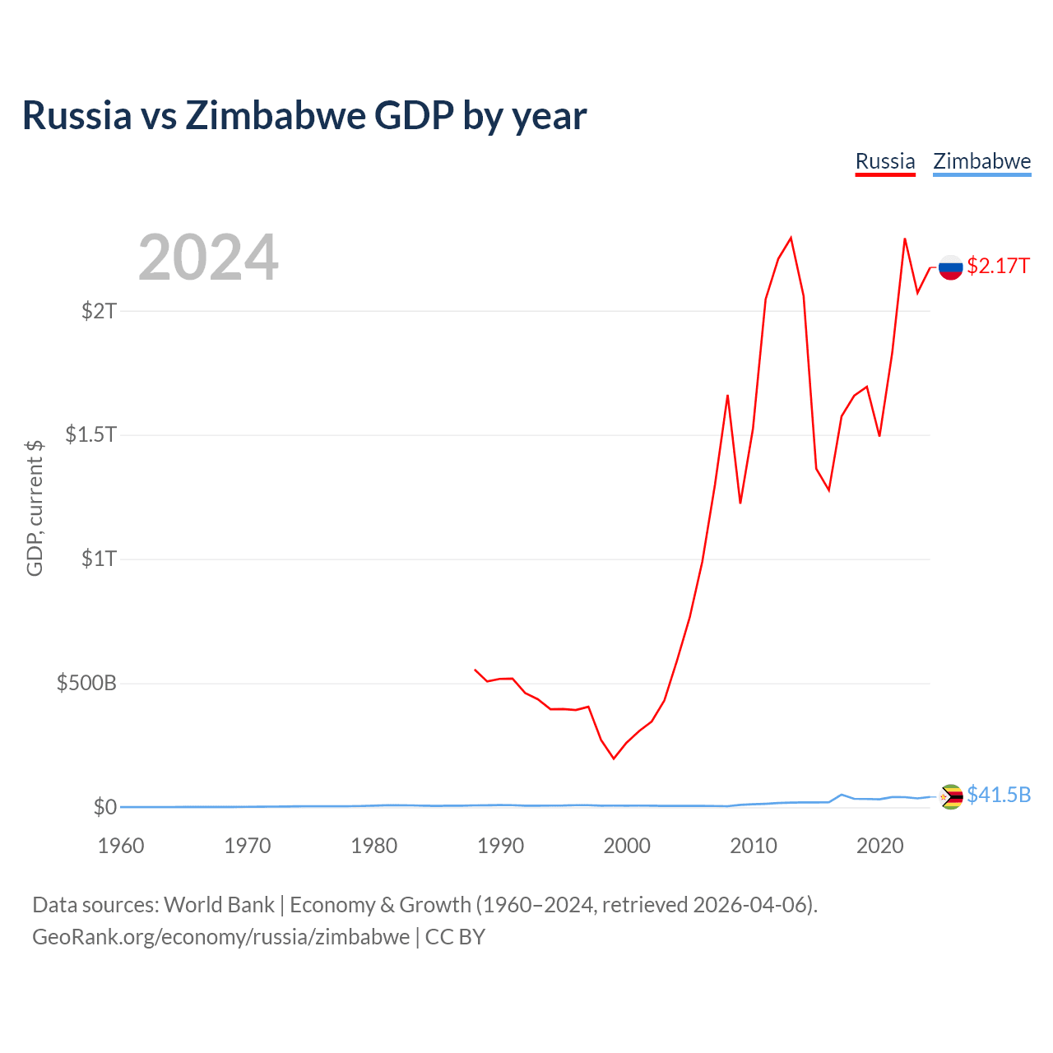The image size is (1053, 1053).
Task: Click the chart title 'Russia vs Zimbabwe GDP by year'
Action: [304, 116]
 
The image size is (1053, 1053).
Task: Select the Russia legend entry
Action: [884, 162]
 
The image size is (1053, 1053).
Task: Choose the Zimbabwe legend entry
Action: [981, 162]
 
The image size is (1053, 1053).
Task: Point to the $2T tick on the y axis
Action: [99, 311]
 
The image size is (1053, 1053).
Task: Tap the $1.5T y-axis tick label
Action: [90, 434]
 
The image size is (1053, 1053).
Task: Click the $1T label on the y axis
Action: [99, 559]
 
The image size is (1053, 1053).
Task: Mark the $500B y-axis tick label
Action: [86, 683]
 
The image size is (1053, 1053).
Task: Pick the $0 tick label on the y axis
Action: [105, 806]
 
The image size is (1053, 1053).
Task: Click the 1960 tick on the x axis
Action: [121, 846]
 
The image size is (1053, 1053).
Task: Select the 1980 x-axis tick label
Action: [373, 846]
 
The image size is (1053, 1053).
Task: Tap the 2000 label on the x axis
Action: [627, 846]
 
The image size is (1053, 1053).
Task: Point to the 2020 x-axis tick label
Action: [879, 846]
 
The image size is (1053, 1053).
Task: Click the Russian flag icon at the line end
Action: [950, 267]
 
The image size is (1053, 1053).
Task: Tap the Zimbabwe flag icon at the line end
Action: [950, 796]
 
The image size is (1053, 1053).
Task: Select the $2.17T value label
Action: [998, 266]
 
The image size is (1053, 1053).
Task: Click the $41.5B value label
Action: [999, 795]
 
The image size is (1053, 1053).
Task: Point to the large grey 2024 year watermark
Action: [208, 257]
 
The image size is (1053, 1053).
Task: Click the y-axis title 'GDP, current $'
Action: [35, 508]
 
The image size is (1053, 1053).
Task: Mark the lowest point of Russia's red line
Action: [614, 758]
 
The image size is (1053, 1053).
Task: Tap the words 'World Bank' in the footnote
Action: [219, 905]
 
